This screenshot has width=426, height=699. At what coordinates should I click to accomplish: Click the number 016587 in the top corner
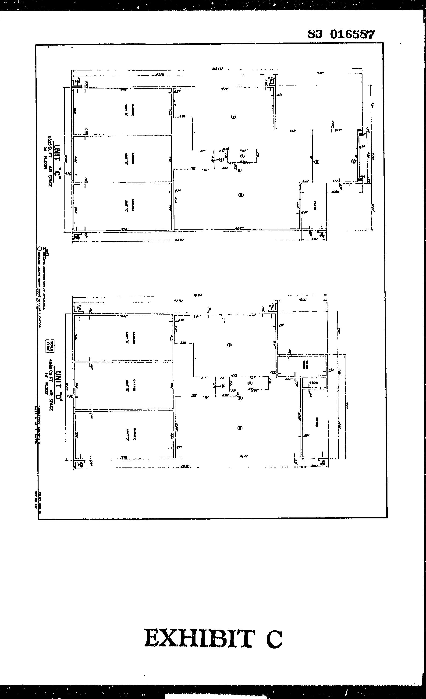click(352, 35)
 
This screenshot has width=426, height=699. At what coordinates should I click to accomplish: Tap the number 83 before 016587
click(315, 34)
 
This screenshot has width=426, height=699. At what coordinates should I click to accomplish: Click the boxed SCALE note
click(50, 346)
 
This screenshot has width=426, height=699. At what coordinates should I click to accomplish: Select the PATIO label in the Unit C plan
click(315, 205)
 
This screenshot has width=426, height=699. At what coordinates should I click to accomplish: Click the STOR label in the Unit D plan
click(313, 383)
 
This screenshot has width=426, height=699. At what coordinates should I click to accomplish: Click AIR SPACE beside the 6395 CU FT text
click(50, 176)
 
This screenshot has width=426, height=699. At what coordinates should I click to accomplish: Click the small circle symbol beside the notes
click(40, 249)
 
